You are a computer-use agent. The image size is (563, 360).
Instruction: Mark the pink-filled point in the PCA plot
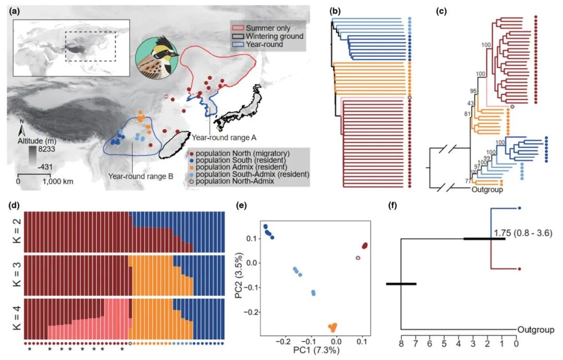click(x=358, y=258)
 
